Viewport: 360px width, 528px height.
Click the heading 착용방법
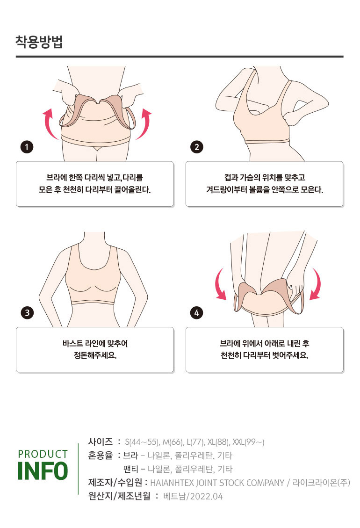click(39, 42)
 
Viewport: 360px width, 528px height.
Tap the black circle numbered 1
click(27, 147)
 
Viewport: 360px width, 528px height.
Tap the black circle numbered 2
click(197, 147)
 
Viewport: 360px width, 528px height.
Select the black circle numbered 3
click(27, 312)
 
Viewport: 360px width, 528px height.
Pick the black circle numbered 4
click(197, 312)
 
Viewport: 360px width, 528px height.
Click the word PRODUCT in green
click(43, 454)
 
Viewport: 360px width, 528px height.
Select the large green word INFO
click(43, 471)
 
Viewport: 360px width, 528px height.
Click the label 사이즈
click(101, 441)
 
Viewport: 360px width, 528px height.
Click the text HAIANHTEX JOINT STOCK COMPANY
click(217, 483)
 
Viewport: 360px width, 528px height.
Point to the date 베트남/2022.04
click(193, 496)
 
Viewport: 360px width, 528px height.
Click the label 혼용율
click(101, 455)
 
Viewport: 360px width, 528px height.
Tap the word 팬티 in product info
click(130, 469)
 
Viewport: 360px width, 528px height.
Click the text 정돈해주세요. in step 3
click(95, 355)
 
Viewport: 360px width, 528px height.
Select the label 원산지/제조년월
click(119, 496)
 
